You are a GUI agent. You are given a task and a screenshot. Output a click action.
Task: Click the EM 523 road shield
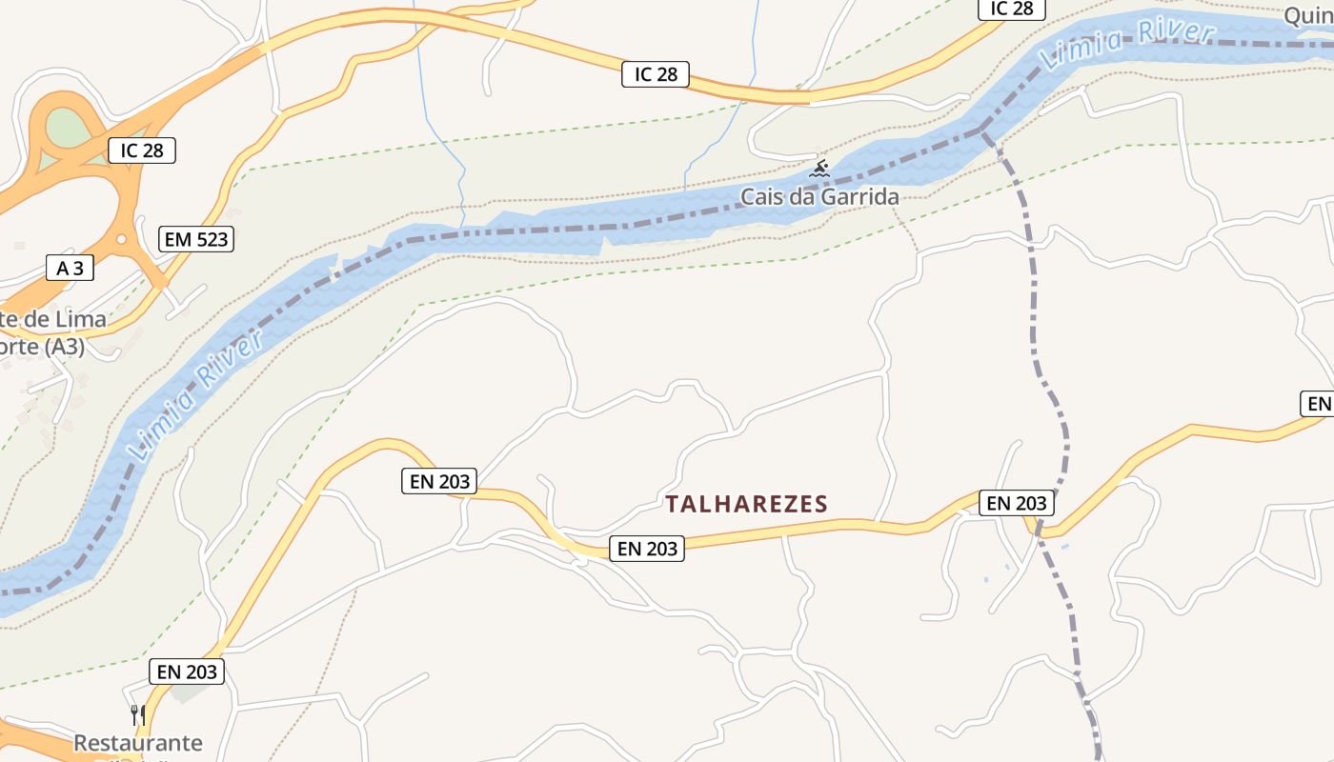point(197,239)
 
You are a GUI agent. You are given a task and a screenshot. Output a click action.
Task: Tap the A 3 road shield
point(71,268)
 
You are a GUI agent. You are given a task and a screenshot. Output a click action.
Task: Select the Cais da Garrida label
point(819,197)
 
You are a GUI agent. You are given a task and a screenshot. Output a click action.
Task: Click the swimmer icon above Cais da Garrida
point(819,170)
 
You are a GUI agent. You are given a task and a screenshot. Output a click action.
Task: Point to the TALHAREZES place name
point(746,504)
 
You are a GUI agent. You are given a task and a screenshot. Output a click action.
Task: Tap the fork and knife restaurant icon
point(137,713)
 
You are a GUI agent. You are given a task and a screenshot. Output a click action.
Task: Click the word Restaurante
point(138,742)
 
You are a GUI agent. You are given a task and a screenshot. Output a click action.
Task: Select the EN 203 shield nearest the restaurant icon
point(187,672)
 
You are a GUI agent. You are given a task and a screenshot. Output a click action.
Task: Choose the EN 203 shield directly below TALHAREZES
point(647,548)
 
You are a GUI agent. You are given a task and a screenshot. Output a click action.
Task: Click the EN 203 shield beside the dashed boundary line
point(1017,502)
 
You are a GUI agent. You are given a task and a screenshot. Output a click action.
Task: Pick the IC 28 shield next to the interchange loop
point(142,150)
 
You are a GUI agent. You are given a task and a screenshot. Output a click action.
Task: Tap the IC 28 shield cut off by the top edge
point(1011,9)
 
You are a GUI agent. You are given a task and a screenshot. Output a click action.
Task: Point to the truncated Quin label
point(1307,15)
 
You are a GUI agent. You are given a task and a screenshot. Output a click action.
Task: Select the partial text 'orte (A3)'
point(43,347)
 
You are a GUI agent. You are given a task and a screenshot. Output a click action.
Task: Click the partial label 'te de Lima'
point(53,318)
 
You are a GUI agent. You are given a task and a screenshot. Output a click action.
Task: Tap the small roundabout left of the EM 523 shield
point(121,239)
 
